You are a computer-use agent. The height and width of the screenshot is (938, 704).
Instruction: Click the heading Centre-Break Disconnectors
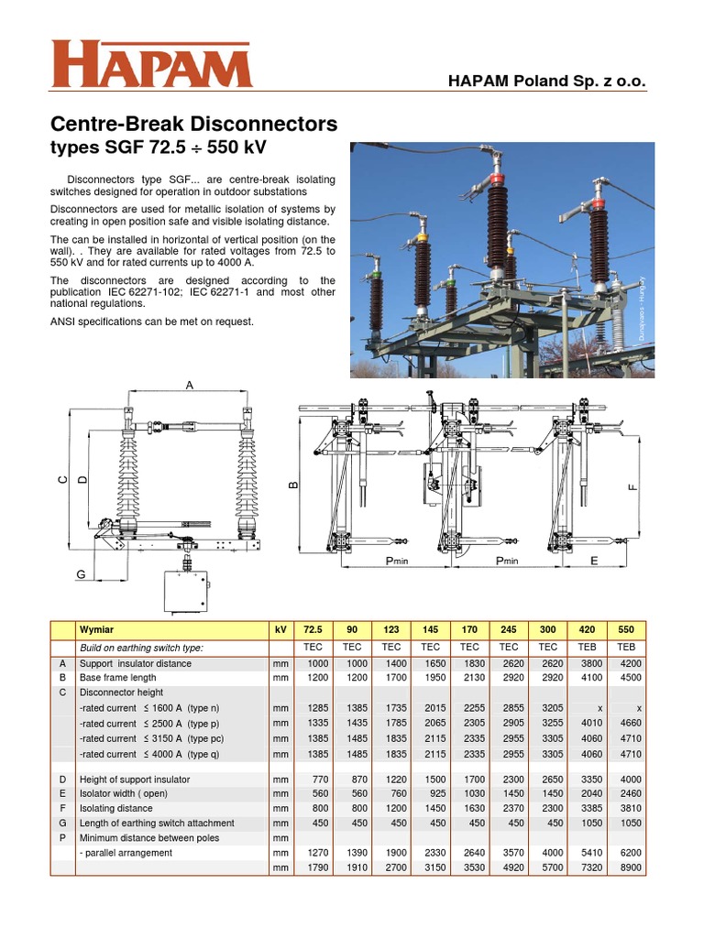[192, 124]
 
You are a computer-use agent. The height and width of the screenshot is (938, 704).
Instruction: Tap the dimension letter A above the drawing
[190, 386]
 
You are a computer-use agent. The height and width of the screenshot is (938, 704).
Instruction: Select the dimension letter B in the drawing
[294, 485]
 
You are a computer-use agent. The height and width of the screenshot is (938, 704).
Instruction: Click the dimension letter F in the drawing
[632, 487]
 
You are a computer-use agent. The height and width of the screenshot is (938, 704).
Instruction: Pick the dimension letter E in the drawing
[594, 560]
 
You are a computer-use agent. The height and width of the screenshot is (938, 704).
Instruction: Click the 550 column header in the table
[626, 631]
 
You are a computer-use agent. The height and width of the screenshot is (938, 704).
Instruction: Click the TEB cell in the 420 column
[588, 647]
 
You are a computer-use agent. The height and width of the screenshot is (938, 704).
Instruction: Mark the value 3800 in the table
[588, 662]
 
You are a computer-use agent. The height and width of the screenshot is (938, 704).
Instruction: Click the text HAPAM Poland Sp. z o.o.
[547, 82]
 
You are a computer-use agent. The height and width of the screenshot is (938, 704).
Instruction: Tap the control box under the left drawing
[189, 592]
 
